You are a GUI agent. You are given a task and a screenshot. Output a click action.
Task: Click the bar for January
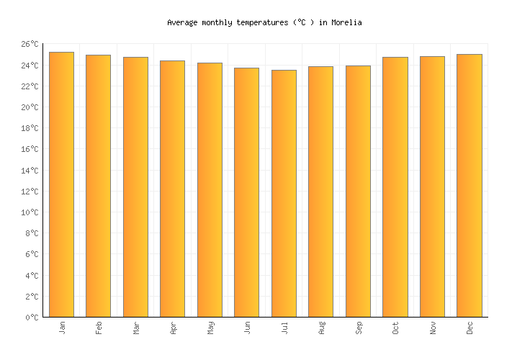tap(61, 184)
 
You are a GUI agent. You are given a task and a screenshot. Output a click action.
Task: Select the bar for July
tap(284, 193)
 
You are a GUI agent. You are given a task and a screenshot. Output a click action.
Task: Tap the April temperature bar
tap(172, 189)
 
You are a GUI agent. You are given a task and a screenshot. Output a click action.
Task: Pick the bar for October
tap(395, 186)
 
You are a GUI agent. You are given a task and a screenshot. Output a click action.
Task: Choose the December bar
tap(470, 185)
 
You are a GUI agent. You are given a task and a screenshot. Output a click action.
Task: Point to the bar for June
tap(246, 192)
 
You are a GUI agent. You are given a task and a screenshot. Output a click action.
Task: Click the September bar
tap(358, 191)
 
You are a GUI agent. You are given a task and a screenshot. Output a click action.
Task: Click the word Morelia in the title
tap(346, 22)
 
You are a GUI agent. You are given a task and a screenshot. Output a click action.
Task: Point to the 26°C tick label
tap(30, 45)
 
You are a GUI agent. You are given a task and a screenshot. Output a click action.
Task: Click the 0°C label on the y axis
tap(32, 318)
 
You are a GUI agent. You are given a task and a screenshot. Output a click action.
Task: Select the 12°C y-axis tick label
tap(30, 192)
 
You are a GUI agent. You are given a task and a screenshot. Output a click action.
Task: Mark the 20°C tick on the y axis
tap(30, 107)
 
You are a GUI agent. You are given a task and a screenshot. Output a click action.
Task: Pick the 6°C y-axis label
tap(32, 254)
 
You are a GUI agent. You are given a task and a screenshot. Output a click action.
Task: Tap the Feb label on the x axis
tap(99, 328)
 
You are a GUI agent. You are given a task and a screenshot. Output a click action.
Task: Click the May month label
tap(210, 328)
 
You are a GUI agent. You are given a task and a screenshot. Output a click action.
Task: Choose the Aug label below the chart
tap(321, 328)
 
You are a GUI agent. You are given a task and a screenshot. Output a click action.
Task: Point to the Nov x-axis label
tap(433, 328)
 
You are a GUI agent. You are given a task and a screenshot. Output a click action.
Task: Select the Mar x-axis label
tap(136, 328)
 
